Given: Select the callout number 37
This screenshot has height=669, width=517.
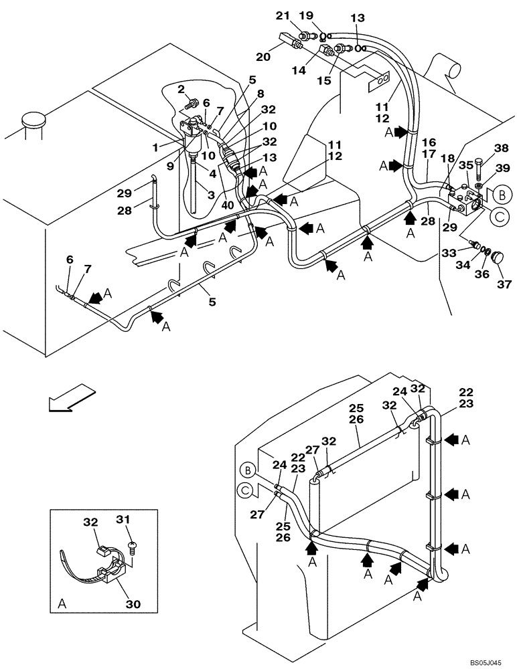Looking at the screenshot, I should pos(503,284).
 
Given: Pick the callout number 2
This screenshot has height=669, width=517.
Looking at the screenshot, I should pos(180,89).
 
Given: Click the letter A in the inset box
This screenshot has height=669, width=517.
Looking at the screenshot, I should pos(62,603).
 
